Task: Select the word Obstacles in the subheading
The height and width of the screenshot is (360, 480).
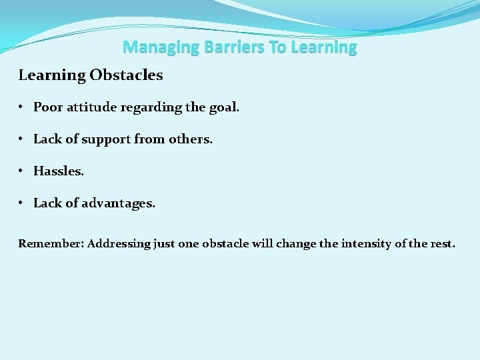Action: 126,75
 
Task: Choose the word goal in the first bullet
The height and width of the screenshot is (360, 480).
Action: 224,107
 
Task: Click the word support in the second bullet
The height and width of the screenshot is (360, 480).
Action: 107,139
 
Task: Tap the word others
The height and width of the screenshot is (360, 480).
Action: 191,139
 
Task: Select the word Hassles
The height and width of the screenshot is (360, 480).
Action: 59,171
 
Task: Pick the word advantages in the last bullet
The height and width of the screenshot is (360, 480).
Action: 119,203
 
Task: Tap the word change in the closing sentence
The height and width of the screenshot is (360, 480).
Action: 293,244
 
